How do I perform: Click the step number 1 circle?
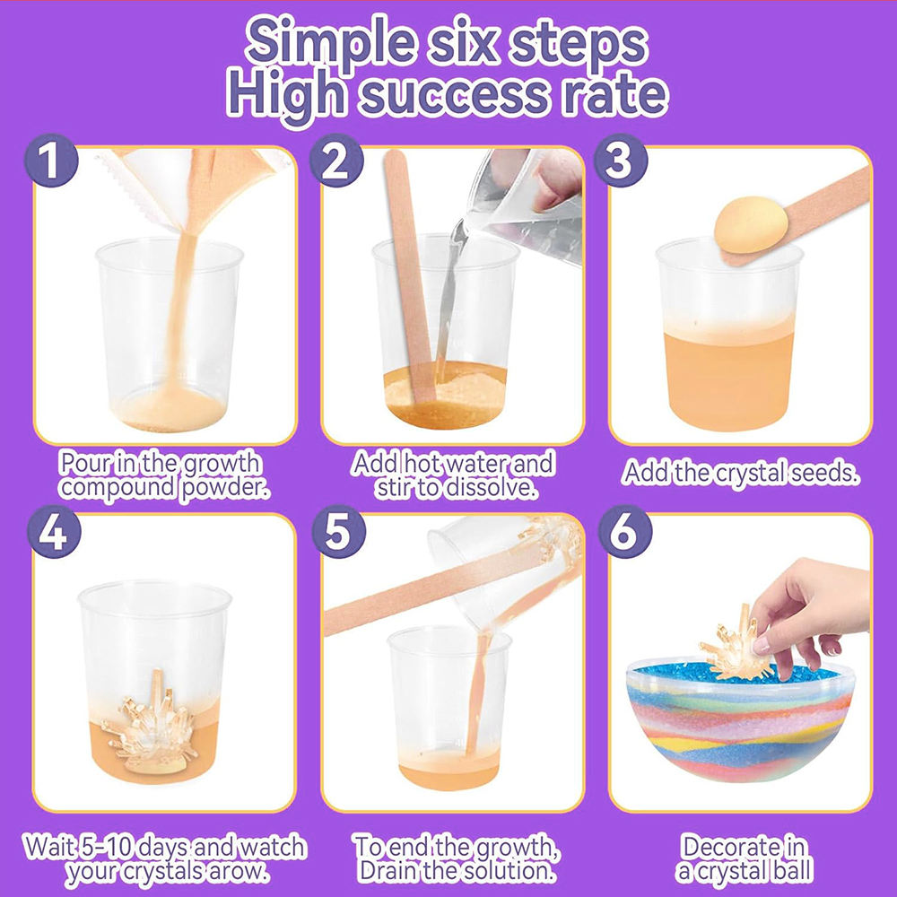point(51,161)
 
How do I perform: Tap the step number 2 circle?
point(336,161)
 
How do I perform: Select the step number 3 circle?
point(621,161)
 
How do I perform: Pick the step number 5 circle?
point(338,531)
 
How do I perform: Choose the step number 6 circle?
point(624,531)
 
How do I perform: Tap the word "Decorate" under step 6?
point(743,847)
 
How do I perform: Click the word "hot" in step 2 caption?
point(422,464)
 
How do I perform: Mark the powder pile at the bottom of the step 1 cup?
point(169,410)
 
